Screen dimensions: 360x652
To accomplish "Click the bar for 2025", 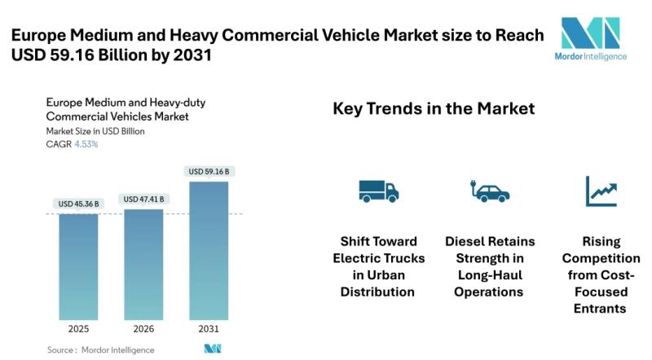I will click(x=78, y=266).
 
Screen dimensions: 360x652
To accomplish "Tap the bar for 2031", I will click(x=208, y=249).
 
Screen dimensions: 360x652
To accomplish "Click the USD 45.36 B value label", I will click(x=78, y=203).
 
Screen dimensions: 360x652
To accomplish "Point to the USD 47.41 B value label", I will click(x=143, y=199).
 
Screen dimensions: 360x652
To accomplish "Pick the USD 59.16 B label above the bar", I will click(x=209, y=172).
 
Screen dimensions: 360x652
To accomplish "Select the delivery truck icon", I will click(x=378, y=191).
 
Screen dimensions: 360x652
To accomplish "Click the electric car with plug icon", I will click(x=490, y=191).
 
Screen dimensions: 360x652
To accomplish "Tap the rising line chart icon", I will click(x=601, y=191).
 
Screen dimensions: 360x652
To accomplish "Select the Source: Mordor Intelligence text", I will click(x=100, y=350).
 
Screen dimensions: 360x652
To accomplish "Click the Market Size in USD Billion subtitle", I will click(x=96, y=131).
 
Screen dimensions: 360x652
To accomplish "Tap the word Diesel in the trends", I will click(x=468, y=242).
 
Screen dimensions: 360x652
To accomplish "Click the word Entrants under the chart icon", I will click(x=601, y=309).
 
